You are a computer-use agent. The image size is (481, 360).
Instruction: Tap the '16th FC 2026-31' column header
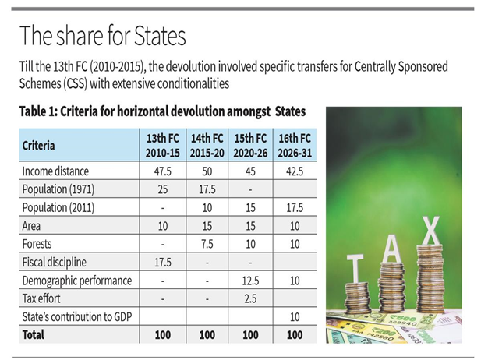[x=295, y=144]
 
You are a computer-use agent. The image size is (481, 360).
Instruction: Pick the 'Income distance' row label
[x=56, y=171]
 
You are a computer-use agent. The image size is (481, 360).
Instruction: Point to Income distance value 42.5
[x=295, y=171]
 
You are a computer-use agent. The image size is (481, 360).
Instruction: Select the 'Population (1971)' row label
[x=60, y=189]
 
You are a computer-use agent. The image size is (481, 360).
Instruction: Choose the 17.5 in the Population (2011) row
[x=295, y=208]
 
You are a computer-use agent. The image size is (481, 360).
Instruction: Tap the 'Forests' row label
[x=38, y=243]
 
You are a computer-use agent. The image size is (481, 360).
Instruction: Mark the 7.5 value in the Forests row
[x=207, y=243]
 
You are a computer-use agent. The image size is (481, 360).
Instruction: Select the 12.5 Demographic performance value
[x=251, y=280]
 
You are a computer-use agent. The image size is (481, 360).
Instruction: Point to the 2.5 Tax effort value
[x=251, y=298]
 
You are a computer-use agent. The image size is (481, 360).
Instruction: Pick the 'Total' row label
[x=34, y=335]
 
